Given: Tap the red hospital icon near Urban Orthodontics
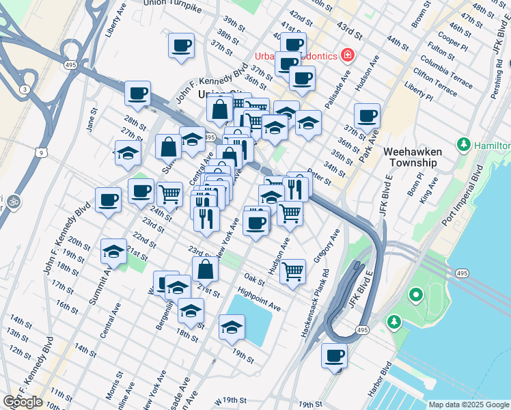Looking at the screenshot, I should click(x=347, y=55).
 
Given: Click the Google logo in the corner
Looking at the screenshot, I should click(x=23, y=402).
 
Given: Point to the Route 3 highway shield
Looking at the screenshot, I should click(x=25, y=90).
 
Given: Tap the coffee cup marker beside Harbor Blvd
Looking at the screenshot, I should click(x=334, y=356).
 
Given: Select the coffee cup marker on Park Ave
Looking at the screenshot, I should click(x=367, y=117).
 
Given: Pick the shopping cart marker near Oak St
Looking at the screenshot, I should click(x=292, y=271).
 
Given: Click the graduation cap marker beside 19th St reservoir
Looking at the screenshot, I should click(x=232, y=328).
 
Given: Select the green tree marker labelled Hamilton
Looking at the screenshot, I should click(x=464, y=146).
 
